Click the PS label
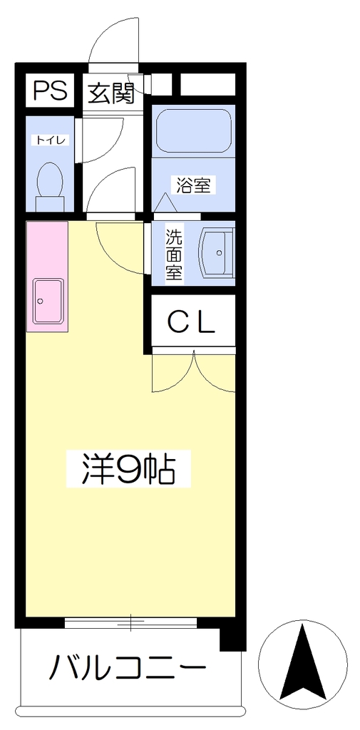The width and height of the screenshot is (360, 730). click(51, 91)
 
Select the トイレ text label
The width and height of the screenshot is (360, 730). click(51, 140)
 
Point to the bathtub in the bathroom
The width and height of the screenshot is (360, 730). click(193, 130)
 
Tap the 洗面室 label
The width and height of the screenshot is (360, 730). click(175, 255)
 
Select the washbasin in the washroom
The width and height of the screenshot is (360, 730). click(215, 253)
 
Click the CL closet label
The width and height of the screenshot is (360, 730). click(192, 322)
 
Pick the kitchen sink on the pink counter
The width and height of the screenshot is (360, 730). click(48, 302)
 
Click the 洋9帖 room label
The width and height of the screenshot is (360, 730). click(128, 469)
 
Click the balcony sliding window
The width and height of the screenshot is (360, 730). click(130, 622)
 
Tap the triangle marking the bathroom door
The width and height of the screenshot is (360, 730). click(165, 202)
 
